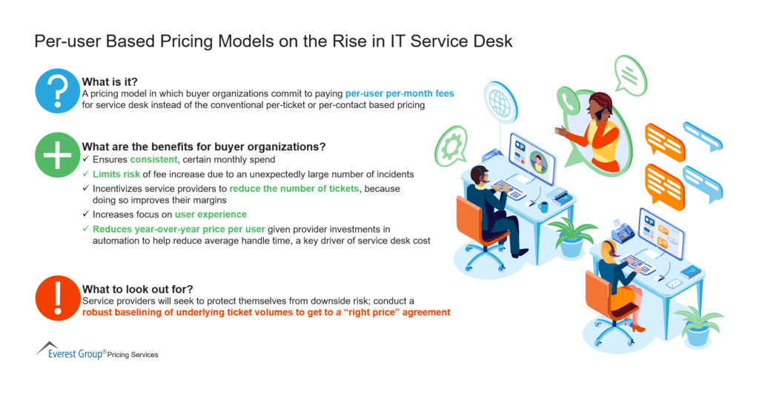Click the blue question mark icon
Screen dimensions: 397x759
click(57, 91)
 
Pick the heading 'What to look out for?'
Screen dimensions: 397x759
click(137, 289)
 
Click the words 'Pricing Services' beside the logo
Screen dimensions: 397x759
click(133, 355)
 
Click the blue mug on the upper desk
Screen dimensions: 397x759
click(545, 207)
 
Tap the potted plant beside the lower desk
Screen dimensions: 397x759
click(696, 326)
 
